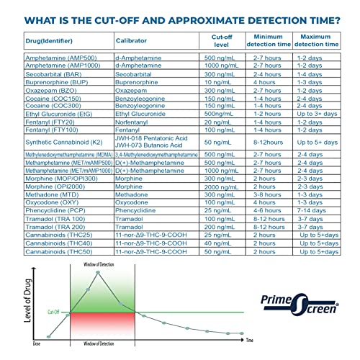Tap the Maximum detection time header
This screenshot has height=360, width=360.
coord(318,40)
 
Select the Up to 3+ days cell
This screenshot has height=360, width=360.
coord(318,112)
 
